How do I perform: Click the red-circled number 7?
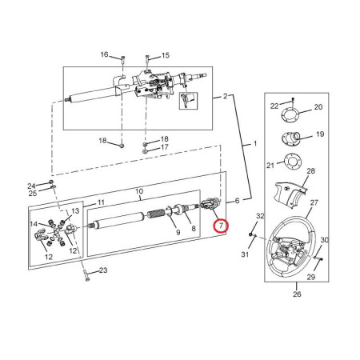[x=221, y=226]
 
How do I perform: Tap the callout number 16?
[x=104, y=54]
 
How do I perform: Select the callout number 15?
[x=166, y=55]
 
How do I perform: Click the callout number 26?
[x=297, y=294]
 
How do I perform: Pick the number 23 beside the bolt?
[x=103, y=270]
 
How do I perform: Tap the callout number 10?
[x=139, y=191]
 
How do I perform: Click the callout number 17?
[x=165, y=147]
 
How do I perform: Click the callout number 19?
[x=320, y=134]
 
